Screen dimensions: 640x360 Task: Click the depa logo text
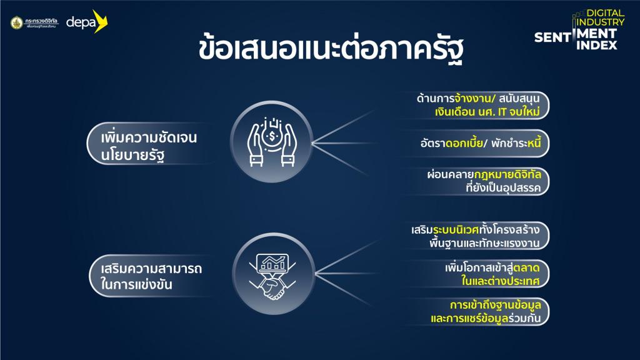[x=81, y=22]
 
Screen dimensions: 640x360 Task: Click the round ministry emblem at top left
[x=17, y=22]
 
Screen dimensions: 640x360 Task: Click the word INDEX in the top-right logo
[x=597, y=45]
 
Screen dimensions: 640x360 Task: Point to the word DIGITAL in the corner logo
[x=605, y=13]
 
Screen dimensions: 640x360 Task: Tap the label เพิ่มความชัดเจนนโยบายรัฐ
[x=149, y=146]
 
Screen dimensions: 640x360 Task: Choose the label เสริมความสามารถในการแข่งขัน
[x=151, y=276]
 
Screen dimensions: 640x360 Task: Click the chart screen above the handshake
[x=272, y=263]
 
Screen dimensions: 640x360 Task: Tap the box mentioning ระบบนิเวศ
[x=476, y=236]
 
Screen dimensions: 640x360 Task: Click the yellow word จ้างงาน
[x=473, y=98]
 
